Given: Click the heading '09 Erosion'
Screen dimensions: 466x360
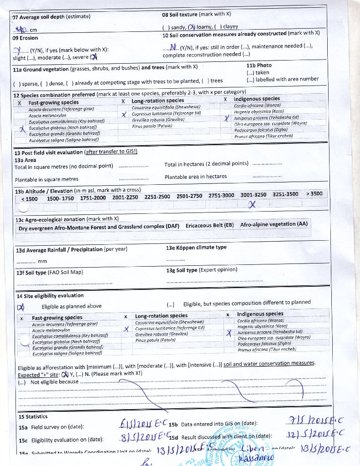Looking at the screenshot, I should click(25, 38).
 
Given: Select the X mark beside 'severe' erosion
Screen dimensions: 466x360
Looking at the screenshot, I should click(93, 57).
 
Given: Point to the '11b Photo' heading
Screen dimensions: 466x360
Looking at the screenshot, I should click(259, 66).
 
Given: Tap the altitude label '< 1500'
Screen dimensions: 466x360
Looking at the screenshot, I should click(30, 199).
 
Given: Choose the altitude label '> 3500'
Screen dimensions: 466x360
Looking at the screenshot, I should click(314, 193).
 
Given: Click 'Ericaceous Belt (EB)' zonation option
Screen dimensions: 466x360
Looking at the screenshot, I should click(209, 226).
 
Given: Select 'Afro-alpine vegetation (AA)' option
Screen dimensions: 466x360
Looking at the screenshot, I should click(274, 224).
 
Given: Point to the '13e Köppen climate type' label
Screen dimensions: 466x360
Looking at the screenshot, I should click(196, 248).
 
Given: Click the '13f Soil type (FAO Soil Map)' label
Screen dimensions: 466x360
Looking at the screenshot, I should click(50, 273).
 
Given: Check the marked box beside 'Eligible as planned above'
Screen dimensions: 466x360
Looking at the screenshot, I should click(21, 307).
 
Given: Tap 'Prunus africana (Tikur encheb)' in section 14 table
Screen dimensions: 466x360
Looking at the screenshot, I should click(266, 349).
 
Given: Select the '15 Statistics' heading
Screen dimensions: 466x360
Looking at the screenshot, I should click(33, 416).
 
